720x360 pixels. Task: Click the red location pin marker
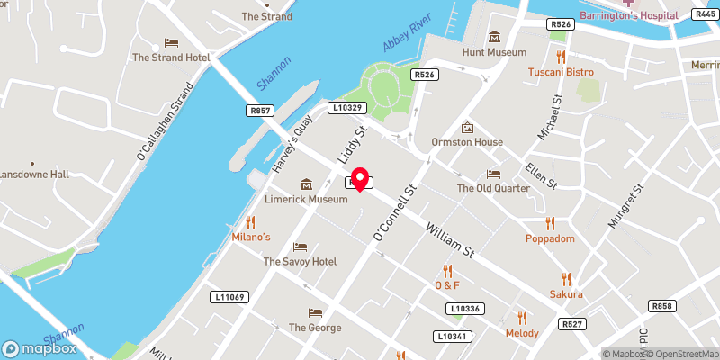point(360,178)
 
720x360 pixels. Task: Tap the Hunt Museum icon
point(494,37)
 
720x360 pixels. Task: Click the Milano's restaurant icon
point(251,221)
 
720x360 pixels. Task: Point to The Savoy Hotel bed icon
point(300,247)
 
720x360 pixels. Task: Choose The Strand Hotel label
point(171,58)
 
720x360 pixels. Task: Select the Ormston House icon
point(466,128)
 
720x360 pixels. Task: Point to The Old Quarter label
point(492,189)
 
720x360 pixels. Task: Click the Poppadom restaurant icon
point(549,224)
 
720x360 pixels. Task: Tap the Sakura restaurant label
point(566,294)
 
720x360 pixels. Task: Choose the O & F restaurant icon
point(447,271)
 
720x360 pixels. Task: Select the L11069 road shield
point(229,296)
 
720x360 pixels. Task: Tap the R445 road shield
point(705,13)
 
